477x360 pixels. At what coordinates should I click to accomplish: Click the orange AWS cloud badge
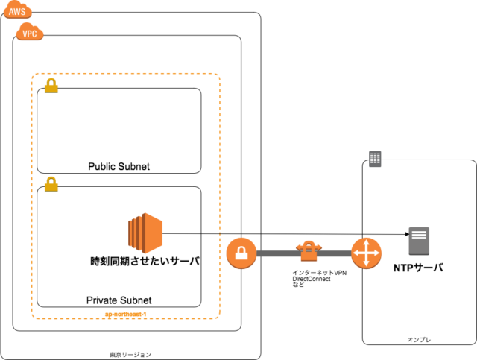(x=17, y=10)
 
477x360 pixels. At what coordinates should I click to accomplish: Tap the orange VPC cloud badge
(x=29, y=32)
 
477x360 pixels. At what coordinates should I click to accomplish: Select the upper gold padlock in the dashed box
(x=51, y=85)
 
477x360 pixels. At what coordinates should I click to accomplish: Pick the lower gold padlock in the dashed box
(x=51, y=183)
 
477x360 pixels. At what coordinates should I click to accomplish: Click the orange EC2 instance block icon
(x=146, y=233)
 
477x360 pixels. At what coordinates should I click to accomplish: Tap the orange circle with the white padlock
(x=241, y=253)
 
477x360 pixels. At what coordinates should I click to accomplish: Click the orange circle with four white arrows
(x=366, y=253)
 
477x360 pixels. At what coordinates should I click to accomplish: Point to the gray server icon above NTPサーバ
(x=419, y=240)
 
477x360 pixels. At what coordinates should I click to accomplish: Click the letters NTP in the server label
(x=404, y=267)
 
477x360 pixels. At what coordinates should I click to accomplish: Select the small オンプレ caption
(x=419, y=339)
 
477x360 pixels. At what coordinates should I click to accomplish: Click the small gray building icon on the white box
(x=376, y=158)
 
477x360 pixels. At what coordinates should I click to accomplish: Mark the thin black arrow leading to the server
(x=384, y=233)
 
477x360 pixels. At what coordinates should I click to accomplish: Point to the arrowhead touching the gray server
(x=406, y=233)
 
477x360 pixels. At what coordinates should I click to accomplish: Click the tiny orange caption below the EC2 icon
(x=125, y=315)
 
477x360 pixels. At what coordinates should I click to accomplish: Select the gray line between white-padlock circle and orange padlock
(x=274, y=253)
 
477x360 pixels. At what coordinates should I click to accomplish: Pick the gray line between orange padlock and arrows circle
(x=336, y=253)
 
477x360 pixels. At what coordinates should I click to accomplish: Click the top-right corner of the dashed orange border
(x=218, y=75)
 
